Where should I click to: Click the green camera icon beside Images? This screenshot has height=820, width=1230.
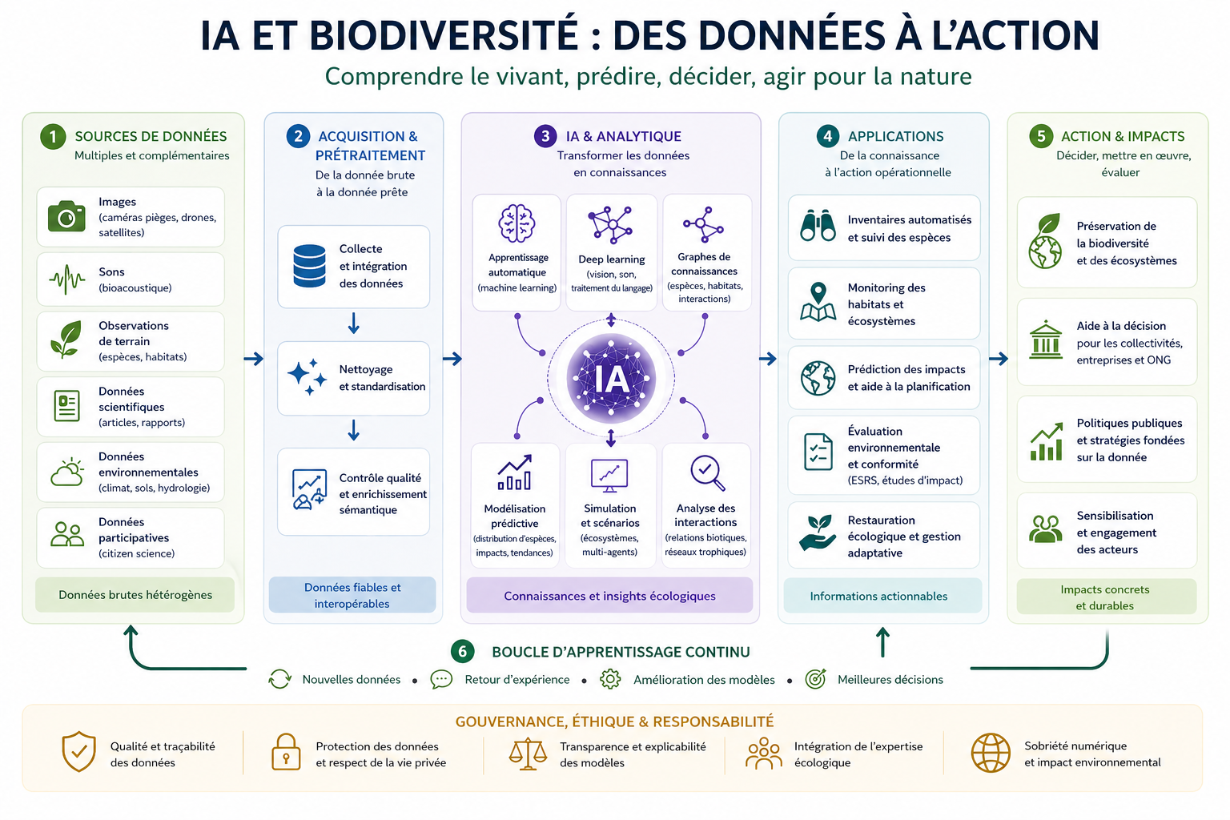pyautogui.click(x=66, y=216)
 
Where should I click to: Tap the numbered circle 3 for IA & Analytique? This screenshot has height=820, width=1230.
pyautogui.click(x=545, y=136)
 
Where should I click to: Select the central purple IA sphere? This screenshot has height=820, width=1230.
pyautogui.click(x=611, y=378)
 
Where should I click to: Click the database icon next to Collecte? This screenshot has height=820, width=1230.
pyautogui.click(x=309, y=266)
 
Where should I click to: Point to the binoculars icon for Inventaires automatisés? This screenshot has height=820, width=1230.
pyautogui.click(x=818, y=227)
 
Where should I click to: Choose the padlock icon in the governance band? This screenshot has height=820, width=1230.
pyautogui.click(x=285, y=752)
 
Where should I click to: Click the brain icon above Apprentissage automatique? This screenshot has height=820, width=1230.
pyautogui.click(x=517, y=223)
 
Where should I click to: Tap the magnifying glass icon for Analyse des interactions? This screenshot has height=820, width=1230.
pyautogui.click(x=707, y=472)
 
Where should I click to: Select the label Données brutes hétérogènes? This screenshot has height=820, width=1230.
pyautogui.click(x=135, y=595)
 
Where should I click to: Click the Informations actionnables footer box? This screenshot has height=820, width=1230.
pyautogui.click(x=878, y=596)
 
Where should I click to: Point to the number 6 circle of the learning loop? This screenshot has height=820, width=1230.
pyautogui.click(x=462, y=652)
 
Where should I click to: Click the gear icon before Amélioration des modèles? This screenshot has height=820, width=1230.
pyautogui.click(x=610, y=679)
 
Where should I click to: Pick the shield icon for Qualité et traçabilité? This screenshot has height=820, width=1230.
pyautogui.click(x=78, y=752)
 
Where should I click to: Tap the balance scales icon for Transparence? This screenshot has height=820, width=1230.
pyautogui.click(x=528, y=753)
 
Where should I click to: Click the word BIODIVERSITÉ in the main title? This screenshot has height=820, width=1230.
pyautogui.click(x=444, y=35)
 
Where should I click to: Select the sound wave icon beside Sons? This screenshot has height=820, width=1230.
pyautogui.click(x=66, y=279)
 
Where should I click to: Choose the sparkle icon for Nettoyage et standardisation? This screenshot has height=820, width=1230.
pyautogui.click(x=307, y=376)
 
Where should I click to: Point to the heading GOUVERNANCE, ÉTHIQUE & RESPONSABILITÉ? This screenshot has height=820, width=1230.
pyautogui.click(x=614, y=722)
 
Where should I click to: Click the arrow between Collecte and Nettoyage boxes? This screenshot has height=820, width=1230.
pyautogui.click(x=353, y=324)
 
